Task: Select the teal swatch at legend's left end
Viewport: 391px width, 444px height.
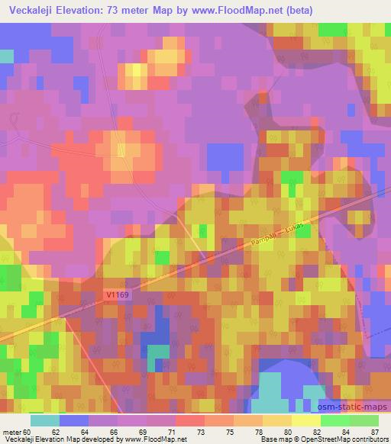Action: point(45,420)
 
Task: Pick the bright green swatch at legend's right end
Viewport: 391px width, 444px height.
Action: point(364,420)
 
